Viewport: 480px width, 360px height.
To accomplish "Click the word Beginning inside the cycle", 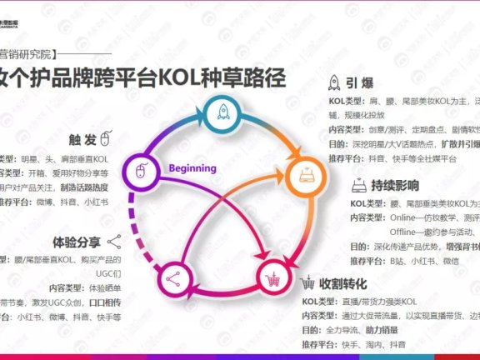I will click(x=192, y=168).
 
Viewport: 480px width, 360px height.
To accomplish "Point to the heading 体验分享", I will click(x=77, y=242).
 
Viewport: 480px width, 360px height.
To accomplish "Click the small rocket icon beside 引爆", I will click(x=332, y=82).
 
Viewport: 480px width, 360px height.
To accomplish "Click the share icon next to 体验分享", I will click(x=114, y=242).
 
